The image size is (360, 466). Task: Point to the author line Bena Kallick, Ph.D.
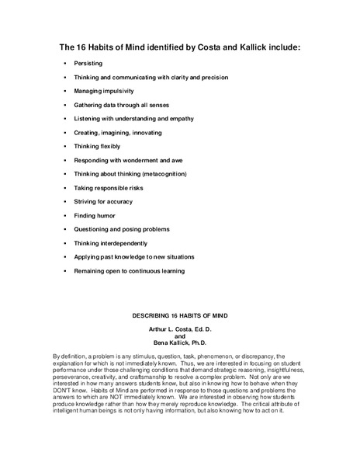179,343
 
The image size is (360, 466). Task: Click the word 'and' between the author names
179,336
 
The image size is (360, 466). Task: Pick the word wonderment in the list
148,159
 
